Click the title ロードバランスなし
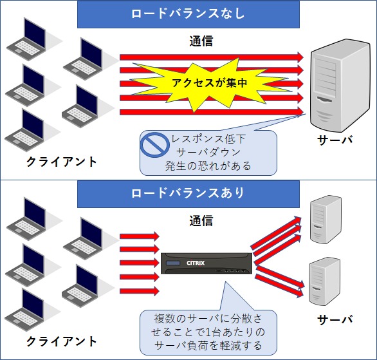188,14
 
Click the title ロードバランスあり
188,193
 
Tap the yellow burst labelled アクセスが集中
210,84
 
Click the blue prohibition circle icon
154,145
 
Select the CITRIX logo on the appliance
196,263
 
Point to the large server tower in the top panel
340,86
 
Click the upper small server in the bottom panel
326,219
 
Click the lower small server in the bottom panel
324,281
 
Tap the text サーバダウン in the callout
208,153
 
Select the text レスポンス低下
208,139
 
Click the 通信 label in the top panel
201,41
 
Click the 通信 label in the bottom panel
201,221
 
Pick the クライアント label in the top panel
62,162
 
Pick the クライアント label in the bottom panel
62,341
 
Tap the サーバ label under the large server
335,140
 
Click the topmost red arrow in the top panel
212,57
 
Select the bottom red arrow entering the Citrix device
140,291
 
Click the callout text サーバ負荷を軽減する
208,346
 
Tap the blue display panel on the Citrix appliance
173,263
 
